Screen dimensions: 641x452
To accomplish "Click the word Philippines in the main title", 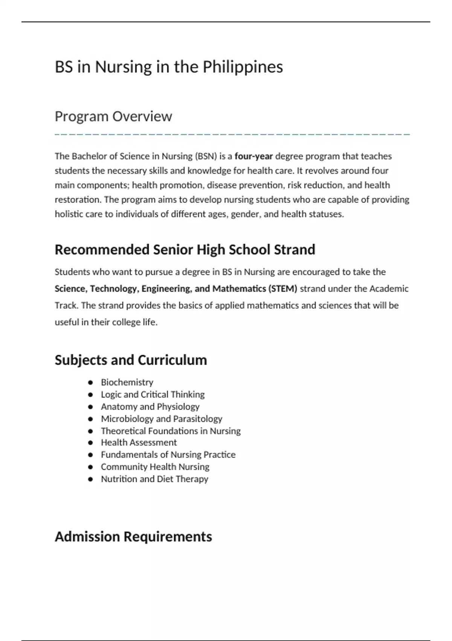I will (243, 67).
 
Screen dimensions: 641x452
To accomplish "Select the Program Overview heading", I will (113, 117).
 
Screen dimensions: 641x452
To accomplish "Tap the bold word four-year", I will (253, 156).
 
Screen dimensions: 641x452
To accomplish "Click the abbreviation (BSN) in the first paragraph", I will (206, 156).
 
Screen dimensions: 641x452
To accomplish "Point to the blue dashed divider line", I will (232, 134).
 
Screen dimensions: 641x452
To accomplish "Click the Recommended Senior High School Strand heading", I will (185, 250).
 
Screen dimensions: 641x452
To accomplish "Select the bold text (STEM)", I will (282, 289).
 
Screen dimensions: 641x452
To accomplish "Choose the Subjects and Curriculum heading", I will (131, 360).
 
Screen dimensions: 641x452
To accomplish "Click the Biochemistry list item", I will (127, 382).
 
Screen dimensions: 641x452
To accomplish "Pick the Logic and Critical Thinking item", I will (153, 394).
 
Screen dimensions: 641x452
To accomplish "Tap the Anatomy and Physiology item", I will (150, 406).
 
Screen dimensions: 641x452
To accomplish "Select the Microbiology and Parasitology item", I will (161, 419).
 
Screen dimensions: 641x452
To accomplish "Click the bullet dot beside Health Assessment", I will (90, 443).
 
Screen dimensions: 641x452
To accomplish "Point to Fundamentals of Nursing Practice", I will (168, 455).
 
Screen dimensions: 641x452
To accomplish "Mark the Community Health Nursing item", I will (155, 467).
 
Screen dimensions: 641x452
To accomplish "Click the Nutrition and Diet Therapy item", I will (154, 479).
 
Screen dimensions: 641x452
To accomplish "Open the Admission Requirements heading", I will (133, 537).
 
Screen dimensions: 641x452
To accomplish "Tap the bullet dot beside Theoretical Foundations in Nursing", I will (90, 431).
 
